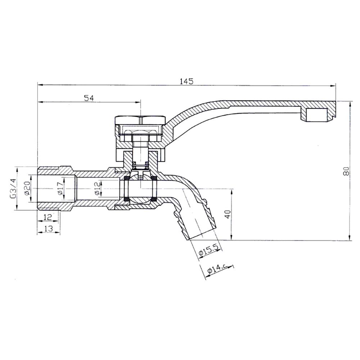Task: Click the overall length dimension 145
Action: pos(186,81)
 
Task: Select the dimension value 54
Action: pos(89,98)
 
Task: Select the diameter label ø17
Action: pos(60,189)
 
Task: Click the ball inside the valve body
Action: pos(140,189)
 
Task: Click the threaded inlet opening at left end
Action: pos(39,189)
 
